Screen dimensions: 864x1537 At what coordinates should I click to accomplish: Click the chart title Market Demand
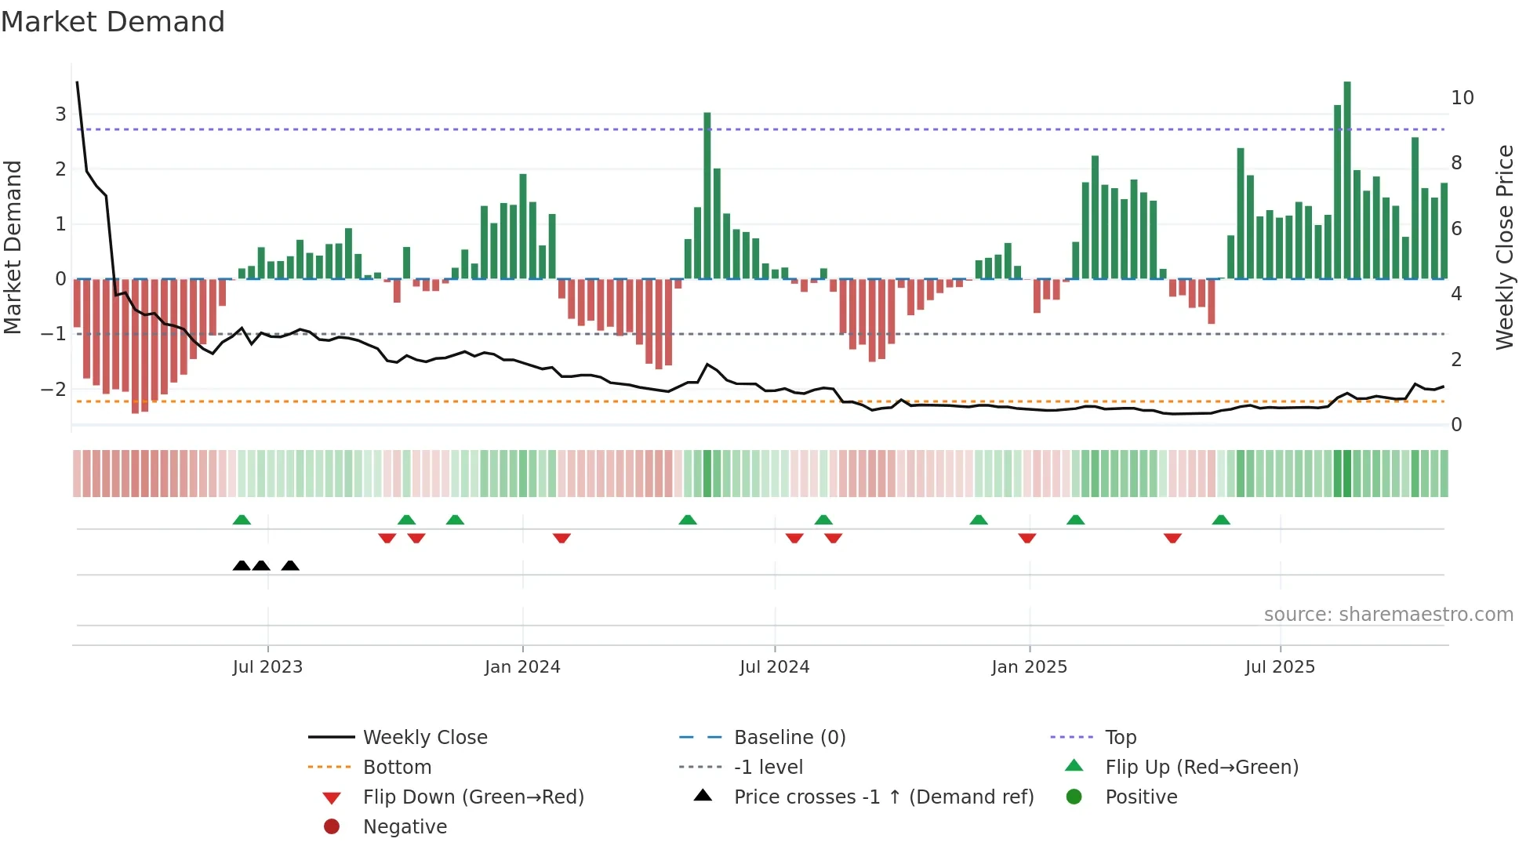click(x=113, y=22)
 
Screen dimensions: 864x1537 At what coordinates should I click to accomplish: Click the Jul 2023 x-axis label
click(x=267, y=667)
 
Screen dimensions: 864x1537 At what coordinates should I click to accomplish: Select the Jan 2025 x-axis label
click(x=1029, y=667)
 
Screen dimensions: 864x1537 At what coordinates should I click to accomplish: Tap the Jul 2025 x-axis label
click(x=1280, y=667)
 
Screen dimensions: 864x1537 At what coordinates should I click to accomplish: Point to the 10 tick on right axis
click(x=1462, y=98)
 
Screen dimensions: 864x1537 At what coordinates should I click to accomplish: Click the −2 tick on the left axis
click(x=53, y=390)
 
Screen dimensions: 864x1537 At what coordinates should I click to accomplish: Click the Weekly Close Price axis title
click(x=1504, y=247)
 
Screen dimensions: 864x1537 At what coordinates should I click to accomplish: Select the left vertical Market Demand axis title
click(x=13, y=247)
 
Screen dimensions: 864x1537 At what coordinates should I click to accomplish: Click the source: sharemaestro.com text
click(x=1388, y=615)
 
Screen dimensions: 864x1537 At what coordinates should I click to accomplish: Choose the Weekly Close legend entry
click(x=424, y=738)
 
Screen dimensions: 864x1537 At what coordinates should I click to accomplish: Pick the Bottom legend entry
click(x=397, y=768)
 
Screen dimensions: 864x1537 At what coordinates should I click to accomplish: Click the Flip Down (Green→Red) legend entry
click(x=473, y=797)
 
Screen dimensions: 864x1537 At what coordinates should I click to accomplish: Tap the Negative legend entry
click(x=405, y=827)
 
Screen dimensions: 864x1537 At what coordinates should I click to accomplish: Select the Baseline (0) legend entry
click(x=789, y=738)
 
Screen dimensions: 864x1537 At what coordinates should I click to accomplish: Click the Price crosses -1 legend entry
click(x=883, y=797)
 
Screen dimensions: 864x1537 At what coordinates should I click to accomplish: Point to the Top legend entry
click(x=1120, y=738)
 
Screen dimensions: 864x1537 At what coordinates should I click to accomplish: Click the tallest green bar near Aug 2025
click(x=1347, y=180)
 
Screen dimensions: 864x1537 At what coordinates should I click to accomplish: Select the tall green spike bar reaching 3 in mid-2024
click(x=707, y=196)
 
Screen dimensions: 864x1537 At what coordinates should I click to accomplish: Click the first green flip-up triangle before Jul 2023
click(x=242, y=520)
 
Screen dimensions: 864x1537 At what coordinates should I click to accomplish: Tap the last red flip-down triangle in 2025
click(x=1172, y=538)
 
